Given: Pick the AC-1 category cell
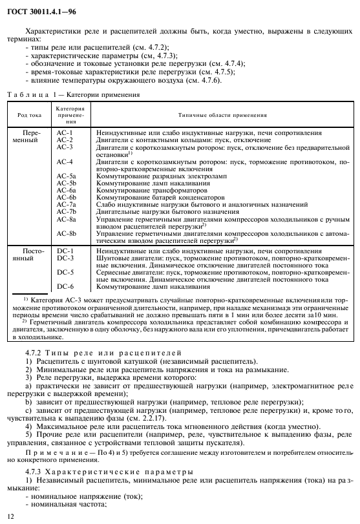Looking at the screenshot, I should pyautogui.click(x=65, y=132).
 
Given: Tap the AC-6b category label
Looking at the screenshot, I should pyautogui.click(x=66, y=197).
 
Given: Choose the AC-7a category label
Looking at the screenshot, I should pyautogui.click(x=66, y=204).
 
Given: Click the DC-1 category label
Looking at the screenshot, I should pyautogui.click(x=65, y=250).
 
